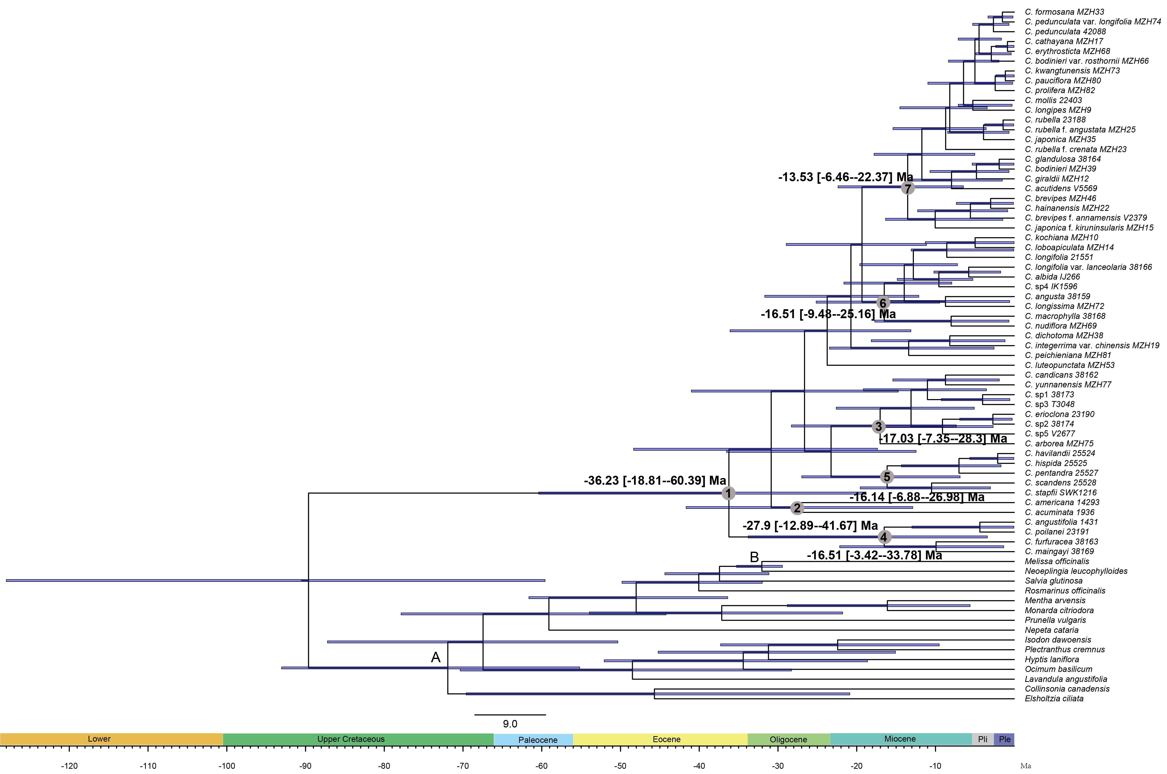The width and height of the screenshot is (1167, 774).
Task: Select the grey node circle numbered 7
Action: (x=907, y=188)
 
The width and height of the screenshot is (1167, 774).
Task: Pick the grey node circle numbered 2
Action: (x=797, y=508)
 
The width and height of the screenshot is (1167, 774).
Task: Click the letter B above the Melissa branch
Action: (x=754, y=557)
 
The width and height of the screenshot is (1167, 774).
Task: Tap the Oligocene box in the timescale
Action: (x=788, y=739)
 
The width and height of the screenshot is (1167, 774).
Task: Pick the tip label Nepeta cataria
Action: (x=1051, y=630)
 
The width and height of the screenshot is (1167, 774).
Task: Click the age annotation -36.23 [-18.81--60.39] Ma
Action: (x=655, y=480)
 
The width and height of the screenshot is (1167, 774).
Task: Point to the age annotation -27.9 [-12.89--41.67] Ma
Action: (x=810, y=525)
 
